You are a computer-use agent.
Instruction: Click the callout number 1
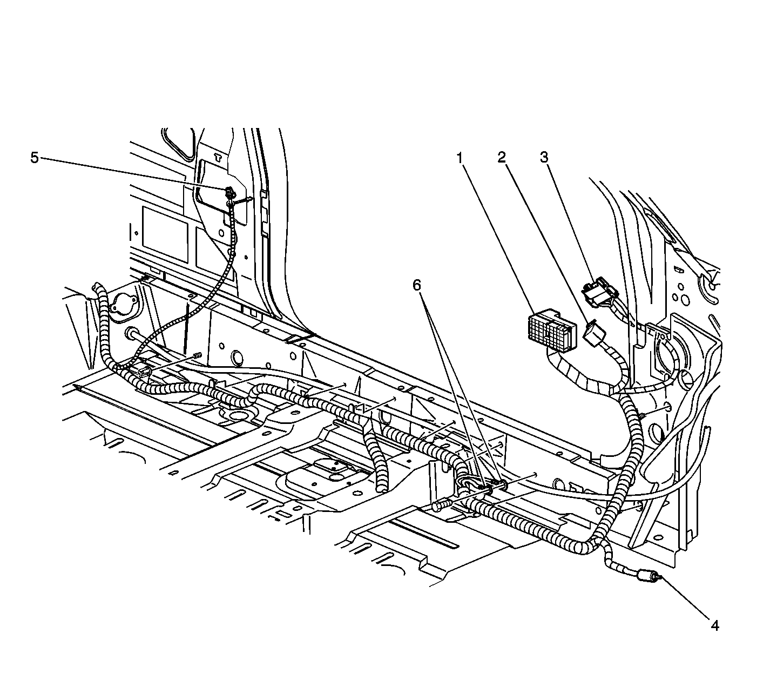(460, 158)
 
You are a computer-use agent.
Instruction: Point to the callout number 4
(715, 625)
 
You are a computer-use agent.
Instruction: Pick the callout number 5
(34, 158)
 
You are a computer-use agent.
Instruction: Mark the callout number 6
(417, 286)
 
